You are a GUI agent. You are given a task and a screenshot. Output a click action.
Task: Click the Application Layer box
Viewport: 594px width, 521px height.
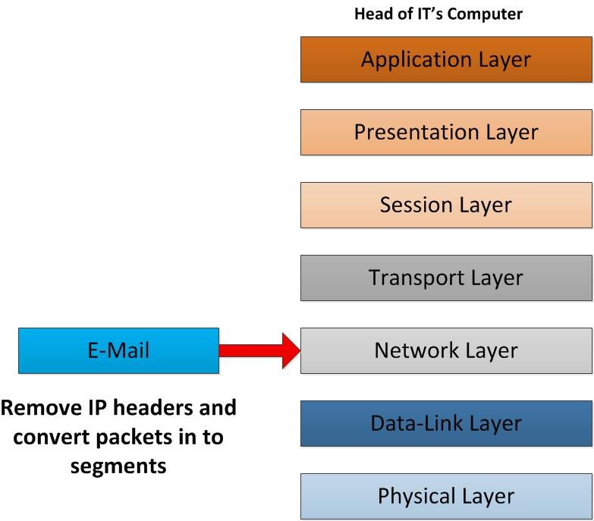pos(446,59)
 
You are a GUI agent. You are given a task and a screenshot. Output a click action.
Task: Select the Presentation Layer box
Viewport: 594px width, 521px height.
pos(446,132)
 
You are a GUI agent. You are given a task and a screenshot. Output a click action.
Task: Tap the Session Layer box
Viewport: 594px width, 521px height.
pos(446,205)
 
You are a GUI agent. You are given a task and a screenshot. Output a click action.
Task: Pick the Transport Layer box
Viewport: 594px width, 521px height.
pos(446,278)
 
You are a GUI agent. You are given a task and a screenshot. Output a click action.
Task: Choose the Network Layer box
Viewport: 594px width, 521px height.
pos(446,350)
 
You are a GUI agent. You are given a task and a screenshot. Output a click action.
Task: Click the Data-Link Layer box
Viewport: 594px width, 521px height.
pos(446,423)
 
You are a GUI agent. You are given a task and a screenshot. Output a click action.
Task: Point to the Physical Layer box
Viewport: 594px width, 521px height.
pos(446,496)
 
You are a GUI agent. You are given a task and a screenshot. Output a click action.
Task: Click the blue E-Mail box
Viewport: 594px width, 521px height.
pos(118,350)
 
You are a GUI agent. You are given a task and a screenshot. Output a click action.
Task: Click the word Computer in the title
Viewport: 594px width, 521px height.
pos(484,14)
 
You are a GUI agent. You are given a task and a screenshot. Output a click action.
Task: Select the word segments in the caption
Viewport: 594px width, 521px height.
pos(118,466)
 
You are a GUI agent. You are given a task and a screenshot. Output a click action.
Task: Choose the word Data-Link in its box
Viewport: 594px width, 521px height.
pos(416,423)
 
